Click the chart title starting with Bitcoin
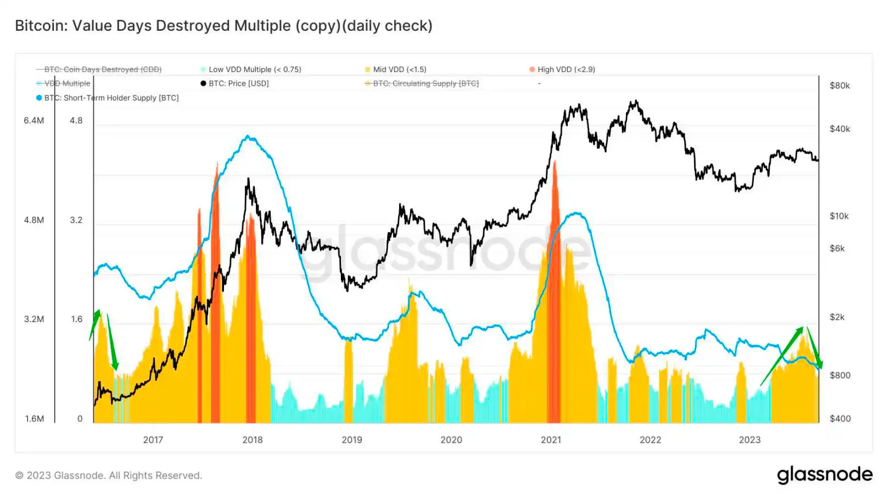223,26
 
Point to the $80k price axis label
839,86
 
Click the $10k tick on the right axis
839,216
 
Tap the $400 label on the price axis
839,419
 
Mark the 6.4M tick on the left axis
34,120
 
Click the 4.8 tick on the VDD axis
76,120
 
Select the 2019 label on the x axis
352,440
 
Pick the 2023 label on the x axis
749,440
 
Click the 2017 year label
153,440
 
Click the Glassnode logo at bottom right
825,475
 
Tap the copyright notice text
109,475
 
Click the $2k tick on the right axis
837,317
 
